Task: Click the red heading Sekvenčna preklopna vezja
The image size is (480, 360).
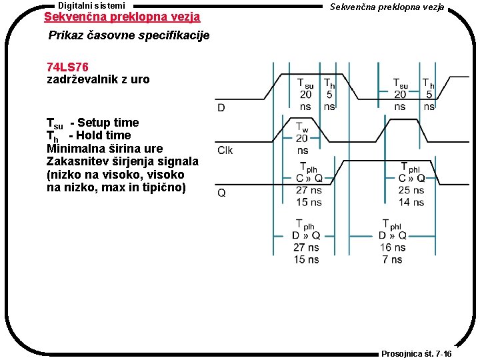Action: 121,17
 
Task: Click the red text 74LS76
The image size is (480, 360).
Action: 68,67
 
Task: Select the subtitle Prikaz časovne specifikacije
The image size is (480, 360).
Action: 129,35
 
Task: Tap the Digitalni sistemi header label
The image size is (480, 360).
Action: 91,5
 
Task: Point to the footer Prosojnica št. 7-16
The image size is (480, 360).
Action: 416,354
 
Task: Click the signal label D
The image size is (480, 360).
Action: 221,107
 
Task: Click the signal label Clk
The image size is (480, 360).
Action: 225,150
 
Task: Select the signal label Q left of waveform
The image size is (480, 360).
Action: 221,193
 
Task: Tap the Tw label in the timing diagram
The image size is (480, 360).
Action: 302,127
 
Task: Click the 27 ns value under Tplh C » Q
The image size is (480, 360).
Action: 308,191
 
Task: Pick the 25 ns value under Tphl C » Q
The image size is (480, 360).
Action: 411,191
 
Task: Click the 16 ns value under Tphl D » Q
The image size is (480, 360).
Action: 393,247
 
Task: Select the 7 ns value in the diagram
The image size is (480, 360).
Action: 393,259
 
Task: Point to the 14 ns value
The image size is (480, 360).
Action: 411,202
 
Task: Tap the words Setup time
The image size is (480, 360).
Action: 108,123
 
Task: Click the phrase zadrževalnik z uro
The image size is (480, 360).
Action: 98,79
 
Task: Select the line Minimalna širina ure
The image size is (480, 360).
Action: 105,148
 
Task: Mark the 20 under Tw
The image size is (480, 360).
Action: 302,139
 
